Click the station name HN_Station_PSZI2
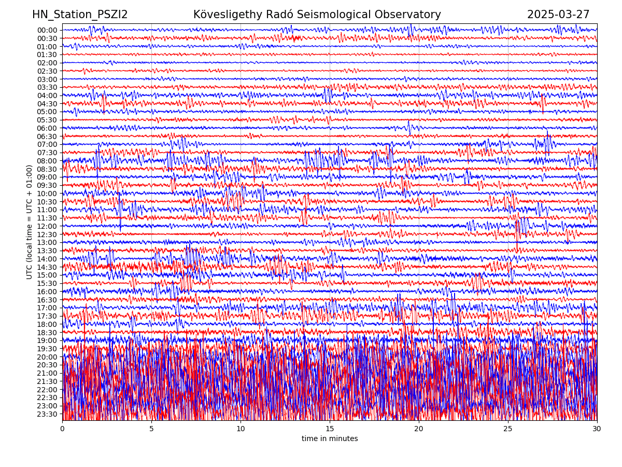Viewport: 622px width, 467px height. (80, 15)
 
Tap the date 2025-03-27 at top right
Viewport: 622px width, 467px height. (558, 15)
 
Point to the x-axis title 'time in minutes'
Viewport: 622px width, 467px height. (330, 439)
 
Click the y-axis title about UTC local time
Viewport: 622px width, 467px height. (30, 222)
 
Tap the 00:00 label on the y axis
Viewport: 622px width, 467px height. (47, 30)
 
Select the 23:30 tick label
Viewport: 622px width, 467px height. (47, 414)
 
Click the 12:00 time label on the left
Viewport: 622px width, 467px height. (47, 226)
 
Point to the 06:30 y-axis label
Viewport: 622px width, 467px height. (47, 136)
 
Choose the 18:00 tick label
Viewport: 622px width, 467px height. (47, 324)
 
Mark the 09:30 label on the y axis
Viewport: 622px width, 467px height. (47, 185)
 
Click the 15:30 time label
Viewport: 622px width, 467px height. (47, 283)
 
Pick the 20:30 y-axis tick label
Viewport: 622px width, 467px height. (47, 365)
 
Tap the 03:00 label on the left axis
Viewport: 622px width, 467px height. (47, 79)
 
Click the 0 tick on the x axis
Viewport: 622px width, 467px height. (62, 429)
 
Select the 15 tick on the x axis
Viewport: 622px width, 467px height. (330, 429)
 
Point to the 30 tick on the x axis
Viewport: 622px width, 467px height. (597, 429)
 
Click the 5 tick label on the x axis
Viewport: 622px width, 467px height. (151, 429)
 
